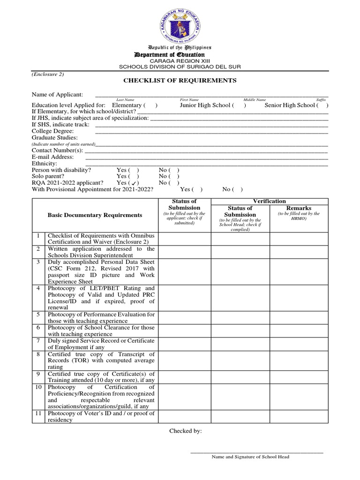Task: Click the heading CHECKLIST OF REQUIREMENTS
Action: point(180,81)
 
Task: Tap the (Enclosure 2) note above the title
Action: point(48,74)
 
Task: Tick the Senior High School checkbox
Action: point(323,105)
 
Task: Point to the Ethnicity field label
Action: point(44,163)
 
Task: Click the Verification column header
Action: point(269,201)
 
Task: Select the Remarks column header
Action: point(299,208)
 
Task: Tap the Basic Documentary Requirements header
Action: point(95,215)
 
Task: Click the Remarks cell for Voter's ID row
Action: point(299,417)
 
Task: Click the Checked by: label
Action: point(186,431)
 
